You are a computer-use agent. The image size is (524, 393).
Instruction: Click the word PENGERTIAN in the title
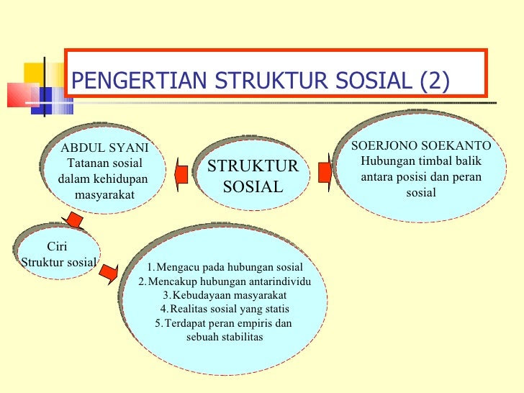pyautogui.click(x=139, y=81)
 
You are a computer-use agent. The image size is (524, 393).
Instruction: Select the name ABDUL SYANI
pyautogui.click(x=104, y=148)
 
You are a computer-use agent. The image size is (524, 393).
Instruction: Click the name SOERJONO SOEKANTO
pyautogui.click(x=421, y=145)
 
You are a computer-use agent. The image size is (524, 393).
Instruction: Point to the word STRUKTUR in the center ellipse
pyautogui.click(x=253, y=166)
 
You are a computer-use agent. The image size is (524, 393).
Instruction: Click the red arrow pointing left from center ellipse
pyautogui.click(x=181, y=174)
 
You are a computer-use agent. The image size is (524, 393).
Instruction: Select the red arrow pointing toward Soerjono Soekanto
pyautogui.click(x=325, y=173)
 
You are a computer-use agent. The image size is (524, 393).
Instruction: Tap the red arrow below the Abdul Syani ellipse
pyautogui.click(x=73, y=220)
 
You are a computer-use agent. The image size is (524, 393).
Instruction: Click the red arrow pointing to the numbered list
pyautogui.click(x=109, y=274)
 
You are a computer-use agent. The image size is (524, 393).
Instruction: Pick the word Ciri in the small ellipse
pyautogui.click(x=57, y=246)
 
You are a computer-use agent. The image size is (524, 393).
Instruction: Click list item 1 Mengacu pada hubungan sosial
pyautogui.click(x=225, y=267)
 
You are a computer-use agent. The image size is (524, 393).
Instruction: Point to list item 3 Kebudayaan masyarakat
pyautogui.click(x=225, y=295)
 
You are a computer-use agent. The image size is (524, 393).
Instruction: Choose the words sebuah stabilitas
pyautogui.click(x=225, y=337)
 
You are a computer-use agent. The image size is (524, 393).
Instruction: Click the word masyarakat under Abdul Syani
pyautogui.click(x=104, y=194)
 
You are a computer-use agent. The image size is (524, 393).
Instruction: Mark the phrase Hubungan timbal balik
pyautogui.click(x=421, y=161)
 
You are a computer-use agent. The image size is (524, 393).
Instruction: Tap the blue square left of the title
pyautogui.click(x=42, y=101)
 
